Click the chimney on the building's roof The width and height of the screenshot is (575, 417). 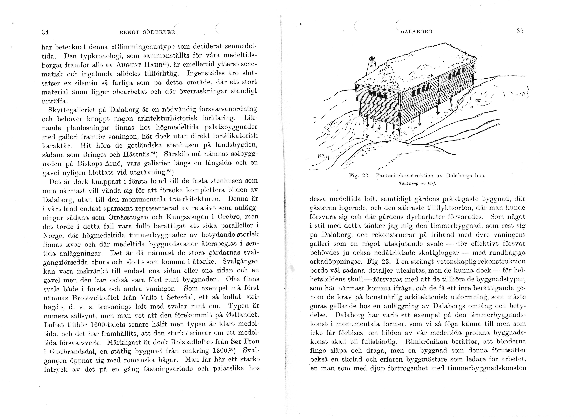point(372,65)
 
